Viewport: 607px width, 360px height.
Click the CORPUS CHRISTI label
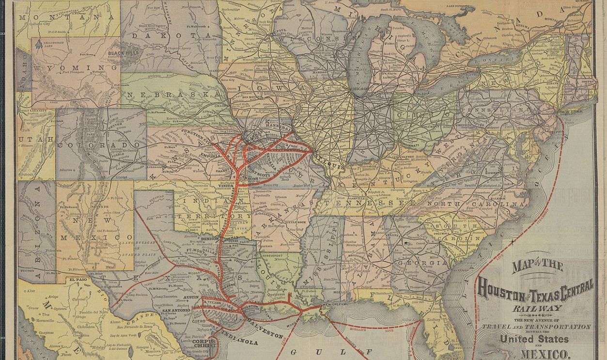click(x=203, y=344)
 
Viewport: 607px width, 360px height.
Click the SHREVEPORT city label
click(x=273, y=255)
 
